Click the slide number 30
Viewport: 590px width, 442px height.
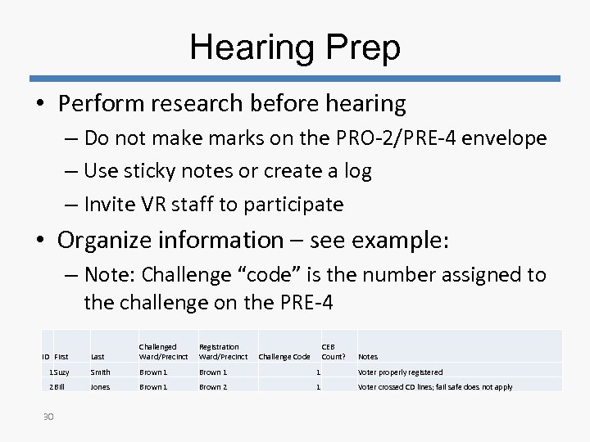[48, 417]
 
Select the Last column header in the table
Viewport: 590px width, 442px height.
[98, 356]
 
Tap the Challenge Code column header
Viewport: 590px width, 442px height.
[284, 356]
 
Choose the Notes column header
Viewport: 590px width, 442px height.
[368, 356]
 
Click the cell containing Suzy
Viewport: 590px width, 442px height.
[61, 372]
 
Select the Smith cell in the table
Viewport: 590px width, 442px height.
[100, 372]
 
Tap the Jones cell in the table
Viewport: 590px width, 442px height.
[100, 387]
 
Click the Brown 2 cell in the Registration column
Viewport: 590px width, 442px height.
[213, 387]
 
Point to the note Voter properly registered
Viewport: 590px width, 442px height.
[400, 372]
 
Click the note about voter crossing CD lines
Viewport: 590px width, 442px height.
[435, 387]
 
